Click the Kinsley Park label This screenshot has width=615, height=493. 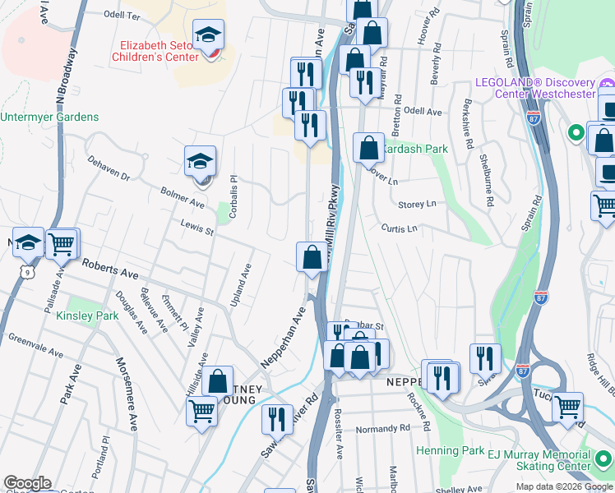pos(88,316)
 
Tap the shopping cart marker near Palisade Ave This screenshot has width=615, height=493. pos(62,243)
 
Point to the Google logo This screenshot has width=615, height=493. pos(27,483)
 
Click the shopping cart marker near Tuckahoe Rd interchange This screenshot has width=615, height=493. pos(566,407)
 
